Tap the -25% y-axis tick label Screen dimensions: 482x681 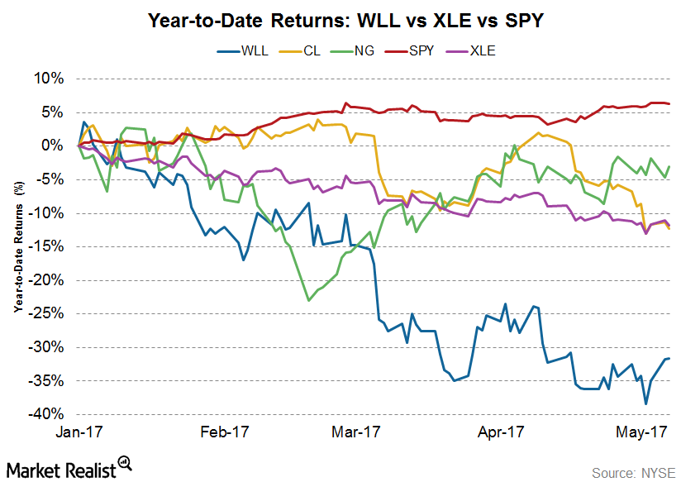pos(48,313)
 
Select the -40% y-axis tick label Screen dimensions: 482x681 pos(48,414)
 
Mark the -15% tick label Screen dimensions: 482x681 pos(48,246)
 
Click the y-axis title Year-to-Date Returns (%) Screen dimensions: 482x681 pos(17,246)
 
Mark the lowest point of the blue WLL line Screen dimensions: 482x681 pos(645,403)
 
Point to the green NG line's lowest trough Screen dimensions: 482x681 pos(309,301)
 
